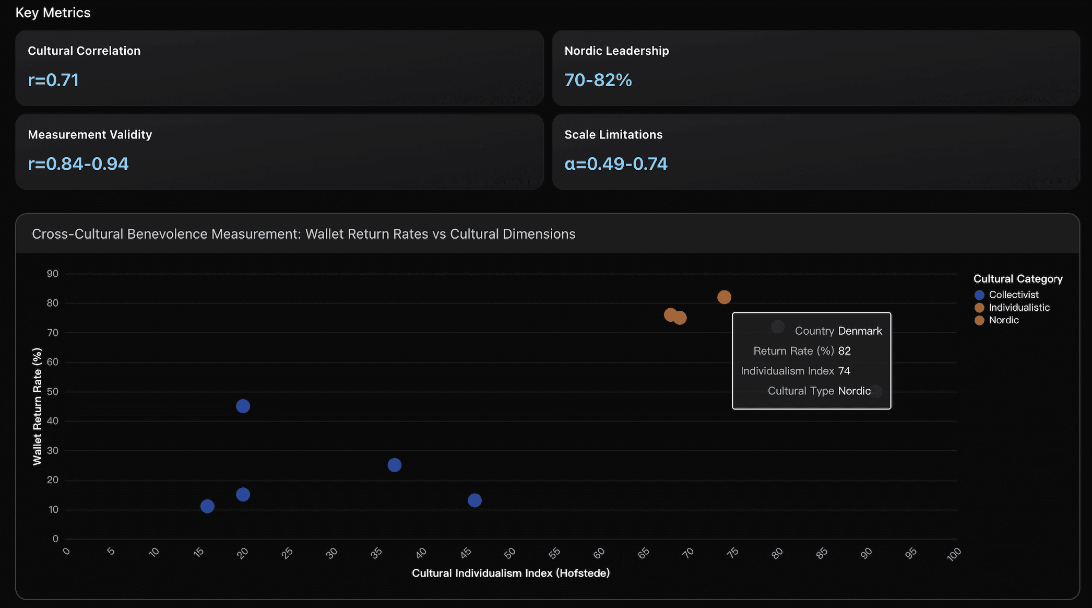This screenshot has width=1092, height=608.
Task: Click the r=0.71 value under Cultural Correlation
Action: click(x=53, y=80)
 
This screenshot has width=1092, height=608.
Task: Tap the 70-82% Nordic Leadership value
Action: click(x=598, y=80)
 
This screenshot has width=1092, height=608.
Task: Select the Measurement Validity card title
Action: click(x=90, y=134)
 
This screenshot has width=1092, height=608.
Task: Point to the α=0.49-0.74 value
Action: click(x=616, y=164)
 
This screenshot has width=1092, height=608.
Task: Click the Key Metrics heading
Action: click(x=53, y=13)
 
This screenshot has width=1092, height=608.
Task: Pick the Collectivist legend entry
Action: click(x=1013, y=295)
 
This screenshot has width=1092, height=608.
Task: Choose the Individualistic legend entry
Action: click(x=1018, y=308)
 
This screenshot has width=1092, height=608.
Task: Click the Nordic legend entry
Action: click(x=1003, y=320)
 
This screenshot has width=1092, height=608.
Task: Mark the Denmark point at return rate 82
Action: click(x=724, y=297)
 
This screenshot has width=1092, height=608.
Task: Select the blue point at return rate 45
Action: click(x=243, y=406)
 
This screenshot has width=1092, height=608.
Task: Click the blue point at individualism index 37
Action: click(x=395, y=465)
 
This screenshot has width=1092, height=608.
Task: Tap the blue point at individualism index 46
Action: click(x=474, y=500)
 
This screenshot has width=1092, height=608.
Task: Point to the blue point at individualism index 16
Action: click(x=207, y=506)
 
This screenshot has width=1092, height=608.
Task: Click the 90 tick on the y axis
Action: click(x=53, y=274)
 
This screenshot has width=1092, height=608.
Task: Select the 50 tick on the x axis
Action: click(x=510, y=553)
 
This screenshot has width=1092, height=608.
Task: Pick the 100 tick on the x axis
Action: click(x=954, y=554)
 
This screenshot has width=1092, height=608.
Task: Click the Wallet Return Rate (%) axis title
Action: click(x=37, y=406)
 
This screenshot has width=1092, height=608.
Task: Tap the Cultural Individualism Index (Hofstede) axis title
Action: click(x=511, y=573)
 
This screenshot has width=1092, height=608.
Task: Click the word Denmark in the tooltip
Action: click(x=860, y=331)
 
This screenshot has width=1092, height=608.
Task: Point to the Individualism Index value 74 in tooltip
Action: click(x=844, y=371)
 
